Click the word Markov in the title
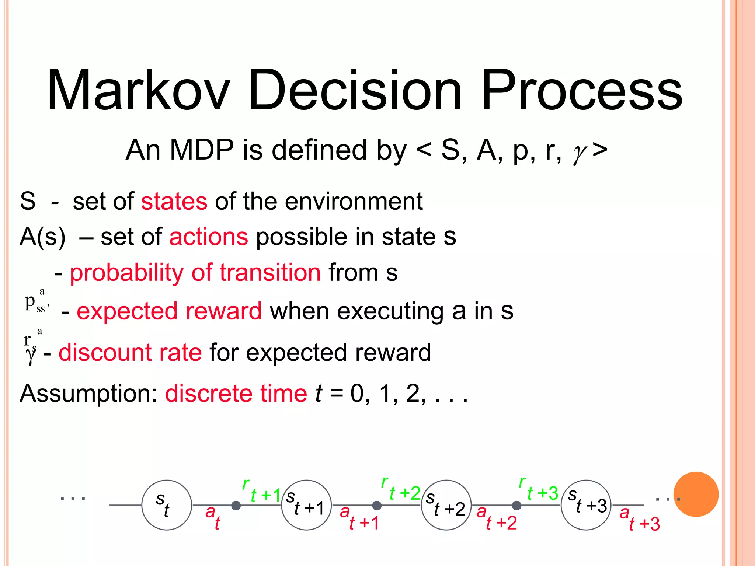(138, 90)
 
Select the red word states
(174, 202)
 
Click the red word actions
(209, 237)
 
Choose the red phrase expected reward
(169, 311)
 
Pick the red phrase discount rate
(130, 352)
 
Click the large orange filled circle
(696, 494)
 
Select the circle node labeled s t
(167, 505)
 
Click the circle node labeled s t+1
(306, 505)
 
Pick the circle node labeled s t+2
(446, 505)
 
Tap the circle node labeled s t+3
(586, 505)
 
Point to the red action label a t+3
(640, 519)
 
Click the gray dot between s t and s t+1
(236, 506)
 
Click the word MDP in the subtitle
(202, 150)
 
